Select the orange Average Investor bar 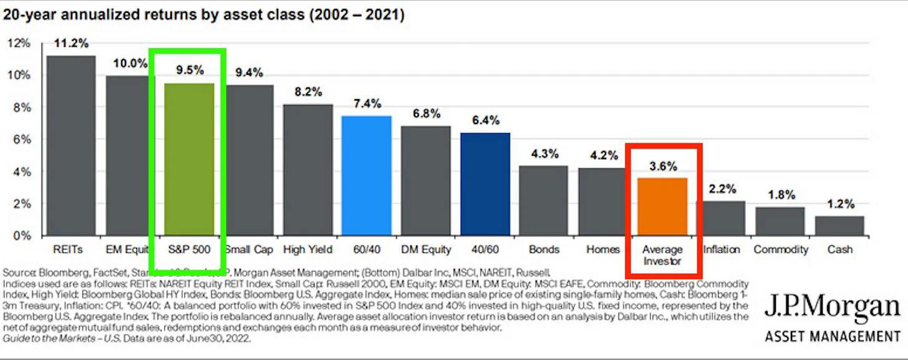coord(662,207)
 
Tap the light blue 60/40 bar coord(367,175)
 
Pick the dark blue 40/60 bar coord(485,183)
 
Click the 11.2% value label coord(71,44)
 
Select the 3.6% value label coord(662,166)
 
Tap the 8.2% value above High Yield coord(307,92)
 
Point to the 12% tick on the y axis coord(19,43)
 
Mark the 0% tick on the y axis coord(21,236)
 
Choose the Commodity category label coord(780,250)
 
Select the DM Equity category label coord(425,250)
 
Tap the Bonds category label coord(544,250)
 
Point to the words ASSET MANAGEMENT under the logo coord(832,337)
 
